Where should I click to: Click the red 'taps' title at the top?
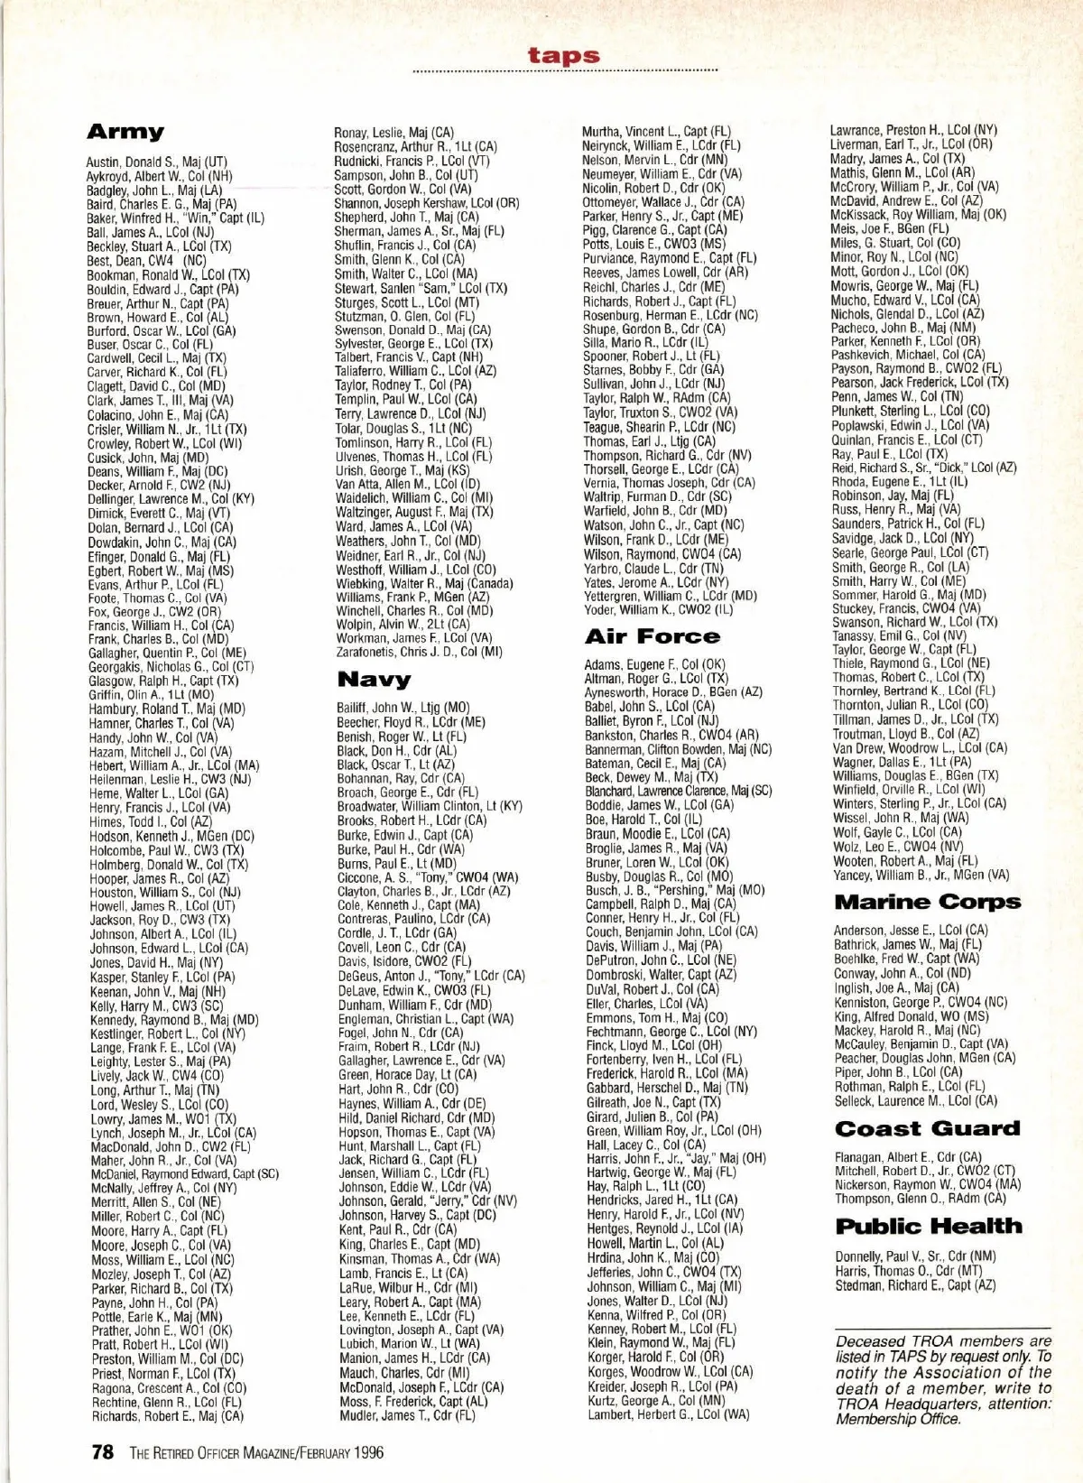[564, 56]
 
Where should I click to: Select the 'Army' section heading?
[125, 132]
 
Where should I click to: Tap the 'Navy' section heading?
[374, 679]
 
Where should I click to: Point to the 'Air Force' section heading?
[653, 636]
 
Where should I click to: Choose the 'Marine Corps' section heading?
[928, 902]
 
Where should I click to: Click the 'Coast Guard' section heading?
[928, 1128]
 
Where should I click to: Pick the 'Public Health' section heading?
[929, 1226]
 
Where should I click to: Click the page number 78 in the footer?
[102, 1452]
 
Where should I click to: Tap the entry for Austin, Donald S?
[156, 162]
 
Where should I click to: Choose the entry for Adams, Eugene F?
[654, 664]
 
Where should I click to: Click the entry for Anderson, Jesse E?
[911, 930]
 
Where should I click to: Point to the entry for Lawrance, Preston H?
[913, 130]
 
